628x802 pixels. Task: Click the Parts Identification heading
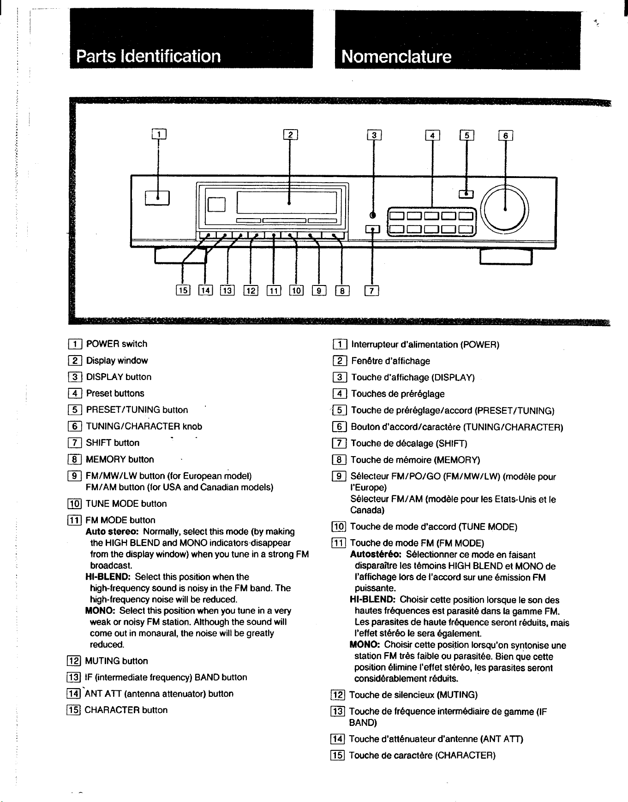(x=148, y=56)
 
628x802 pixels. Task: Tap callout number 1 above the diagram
(x=159, y=134)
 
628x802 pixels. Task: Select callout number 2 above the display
(x=291, y=135)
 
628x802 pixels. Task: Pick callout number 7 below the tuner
(x=372, y=290)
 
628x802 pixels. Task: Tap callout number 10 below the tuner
(x=296, y=290)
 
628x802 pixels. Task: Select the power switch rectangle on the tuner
(x=158, y=197)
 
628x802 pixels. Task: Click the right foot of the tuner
(x=506, y=256)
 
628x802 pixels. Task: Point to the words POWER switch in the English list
(x=117, y=344)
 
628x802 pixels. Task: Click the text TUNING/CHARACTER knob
(x=144, y=427)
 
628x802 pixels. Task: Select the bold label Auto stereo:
(x=113, y=532)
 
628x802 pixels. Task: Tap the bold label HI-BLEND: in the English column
(x=108, y=577)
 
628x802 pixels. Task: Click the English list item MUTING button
(x=117, y=661)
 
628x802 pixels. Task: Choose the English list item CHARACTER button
(x=126, y=710)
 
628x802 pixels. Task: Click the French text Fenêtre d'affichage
(x=390, y=361)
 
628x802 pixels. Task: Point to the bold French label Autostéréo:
(x=376, y=555)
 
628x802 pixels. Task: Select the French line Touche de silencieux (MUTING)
(x=413, y=695)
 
